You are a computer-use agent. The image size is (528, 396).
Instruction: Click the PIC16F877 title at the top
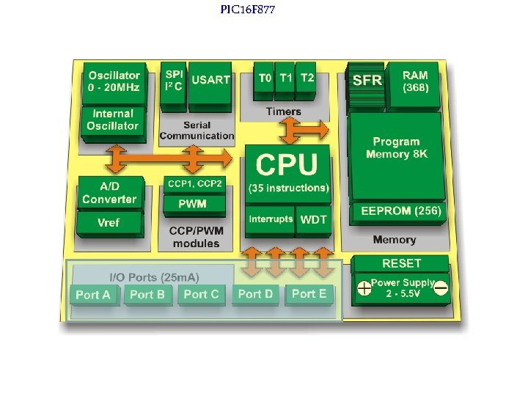coord(248,10)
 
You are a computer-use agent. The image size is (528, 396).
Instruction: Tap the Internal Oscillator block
coord(113,120)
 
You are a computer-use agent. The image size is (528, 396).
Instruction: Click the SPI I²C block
coord(174,80)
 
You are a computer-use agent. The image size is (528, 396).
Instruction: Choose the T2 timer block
coord(307,78)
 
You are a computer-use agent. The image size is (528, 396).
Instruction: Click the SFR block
coord(367,80)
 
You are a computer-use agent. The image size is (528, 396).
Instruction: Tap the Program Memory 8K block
coord(396,148)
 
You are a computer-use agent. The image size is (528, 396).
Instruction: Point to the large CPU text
coord(287,164)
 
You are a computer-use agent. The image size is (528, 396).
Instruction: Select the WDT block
coord(314,219)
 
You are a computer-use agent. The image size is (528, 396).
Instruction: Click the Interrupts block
coord(270,219)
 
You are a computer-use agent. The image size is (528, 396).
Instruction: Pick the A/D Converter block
coord(109,193)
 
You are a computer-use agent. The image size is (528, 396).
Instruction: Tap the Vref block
coord(109,222)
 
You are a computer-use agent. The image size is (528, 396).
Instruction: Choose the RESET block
coord(401,263)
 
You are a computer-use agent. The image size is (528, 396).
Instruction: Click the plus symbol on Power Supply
coord(364,289)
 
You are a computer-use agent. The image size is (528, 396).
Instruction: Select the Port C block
coord(201,294)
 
